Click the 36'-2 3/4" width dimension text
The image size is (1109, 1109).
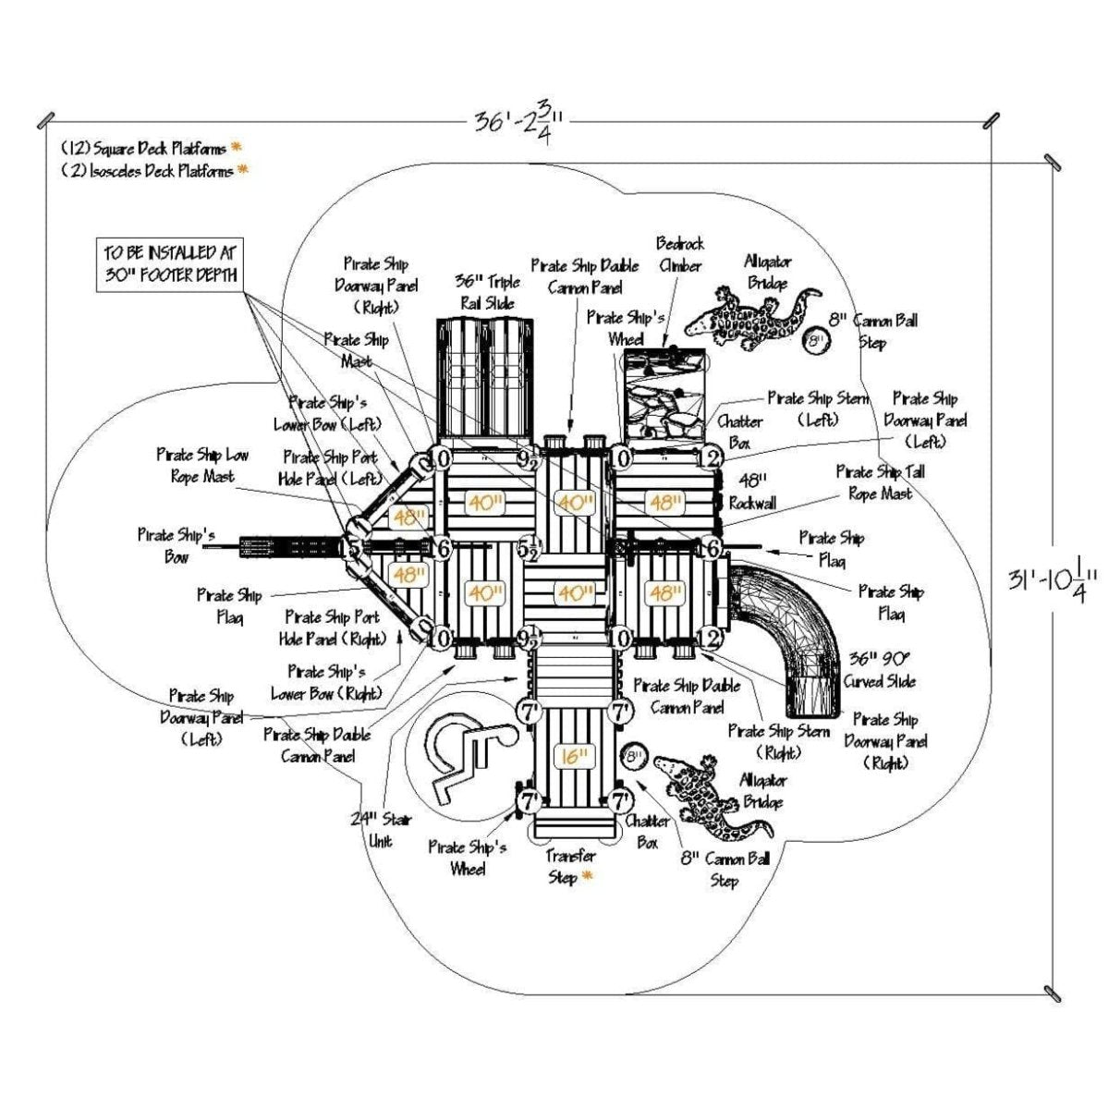click(519, 121)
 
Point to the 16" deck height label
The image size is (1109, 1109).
click(573, 757)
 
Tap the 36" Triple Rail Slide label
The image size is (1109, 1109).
click(488, 291)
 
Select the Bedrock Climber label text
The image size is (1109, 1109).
click(679, 254)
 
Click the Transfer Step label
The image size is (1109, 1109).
click(569, 866)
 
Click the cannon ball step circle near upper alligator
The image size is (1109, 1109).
click(815, 341)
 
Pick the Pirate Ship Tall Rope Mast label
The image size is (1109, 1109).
click(880, 482)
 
